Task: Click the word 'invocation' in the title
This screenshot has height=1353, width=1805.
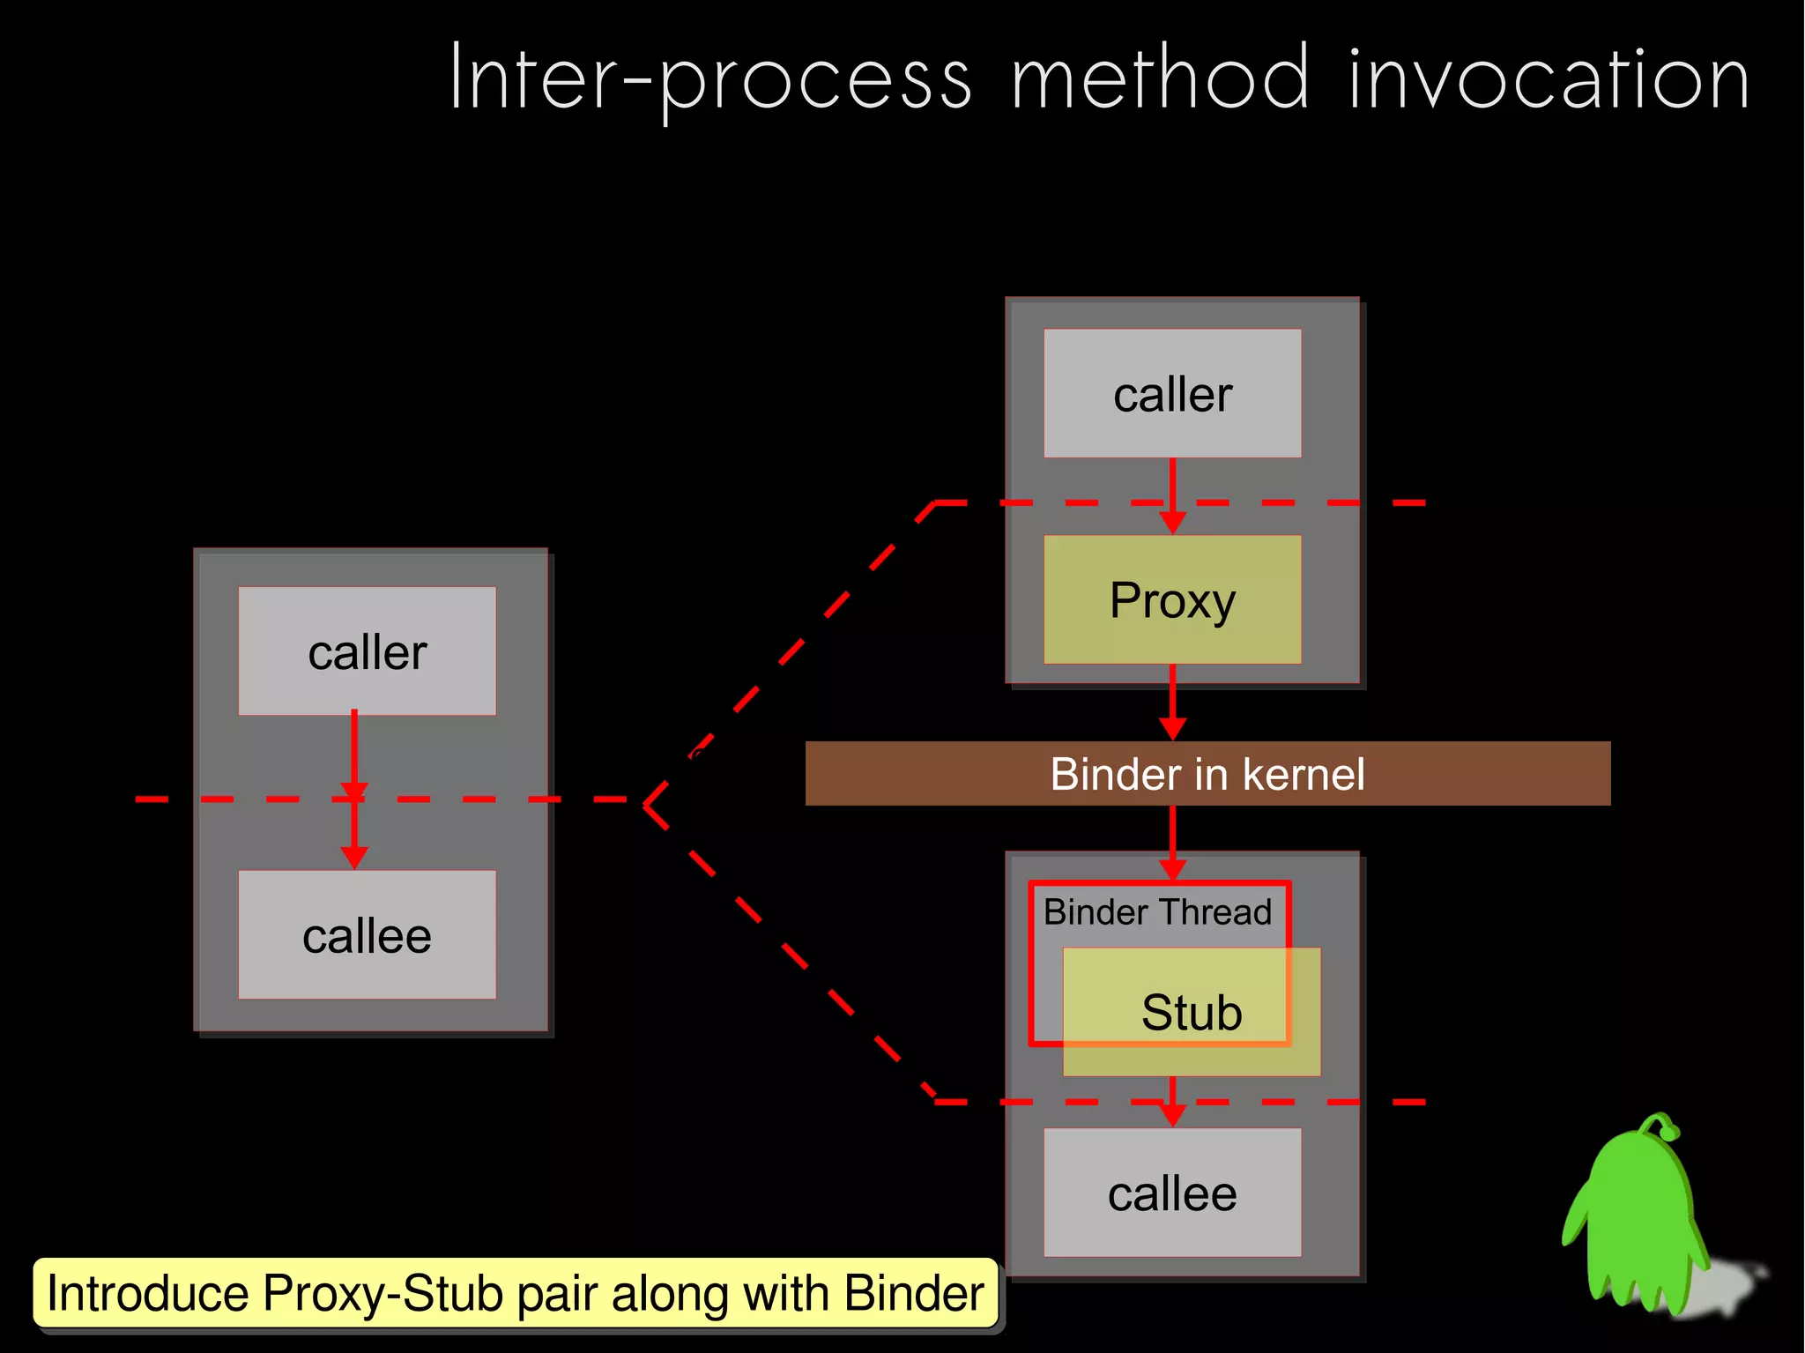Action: pos(1548,79)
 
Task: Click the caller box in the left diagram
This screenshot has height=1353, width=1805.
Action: pos(367,650)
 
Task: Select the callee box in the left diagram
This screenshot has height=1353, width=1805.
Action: pos(367,934)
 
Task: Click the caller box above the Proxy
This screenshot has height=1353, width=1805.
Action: pos(1172,393)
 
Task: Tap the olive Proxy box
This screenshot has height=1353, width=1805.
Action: pos(1172,599)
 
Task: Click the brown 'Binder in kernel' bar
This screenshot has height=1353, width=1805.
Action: pos(1207,773)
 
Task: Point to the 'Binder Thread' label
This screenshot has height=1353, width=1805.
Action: pos(1157,911)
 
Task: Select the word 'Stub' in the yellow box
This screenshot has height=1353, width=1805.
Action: pos(1192,1012)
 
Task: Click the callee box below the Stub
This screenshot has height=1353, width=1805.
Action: pos(1172,1193)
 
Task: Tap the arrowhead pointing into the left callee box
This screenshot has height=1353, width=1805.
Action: pos(354,858)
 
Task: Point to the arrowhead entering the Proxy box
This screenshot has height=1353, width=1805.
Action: pos(1172,522)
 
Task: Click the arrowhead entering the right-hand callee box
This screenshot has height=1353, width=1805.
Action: pos(1172,1115)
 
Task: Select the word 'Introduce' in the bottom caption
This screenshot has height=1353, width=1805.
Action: pos(148,1294)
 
